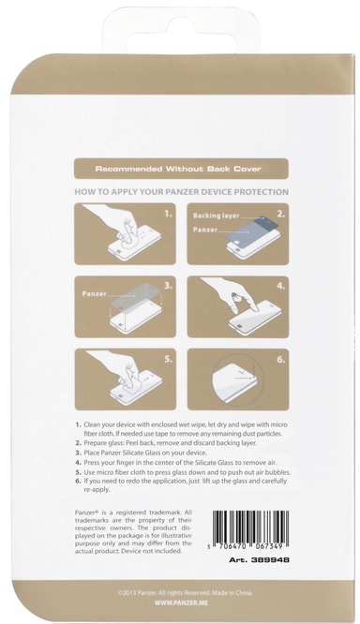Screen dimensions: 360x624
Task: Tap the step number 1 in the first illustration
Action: [x=168, y=214]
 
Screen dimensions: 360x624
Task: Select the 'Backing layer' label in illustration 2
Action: [x=216, y=215]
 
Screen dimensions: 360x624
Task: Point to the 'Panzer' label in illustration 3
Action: [x=95, y=293]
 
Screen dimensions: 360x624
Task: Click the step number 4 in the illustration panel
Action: [x=280, y=286]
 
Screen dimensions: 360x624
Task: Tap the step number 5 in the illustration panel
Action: [x=168, y=359]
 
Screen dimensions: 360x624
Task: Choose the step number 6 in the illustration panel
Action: [x=280, y=359]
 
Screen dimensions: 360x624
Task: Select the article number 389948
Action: [x=260, y=560]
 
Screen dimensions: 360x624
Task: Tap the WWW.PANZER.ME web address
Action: [x=181, y=602]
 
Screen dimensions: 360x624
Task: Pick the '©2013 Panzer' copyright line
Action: [x=186, y=593]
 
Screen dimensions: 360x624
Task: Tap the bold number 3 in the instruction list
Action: [x=78, y=453]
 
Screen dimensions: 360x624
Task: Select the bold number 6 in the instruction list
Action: [x=78, y=481]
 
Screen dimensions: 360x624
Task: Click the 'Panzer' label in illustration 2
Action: [x=205, y=230]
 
